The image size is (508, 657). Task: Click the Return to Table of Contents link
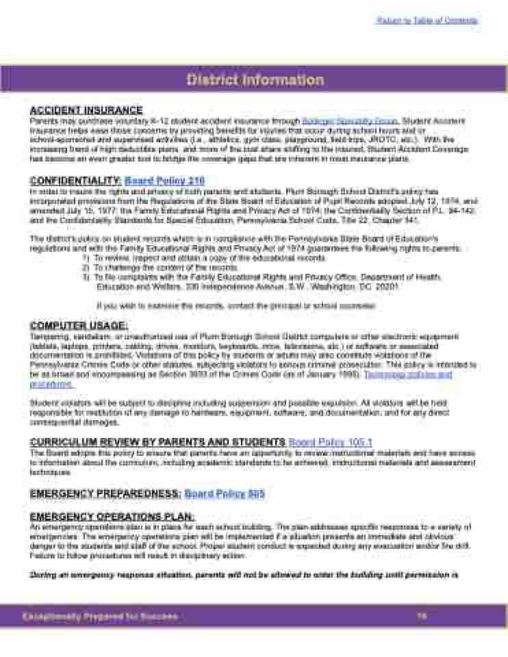tap(427, 21)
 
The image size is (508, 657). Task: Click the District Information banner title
tap(255, 80)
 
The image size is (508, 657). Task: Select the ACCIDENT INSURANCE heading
tap(86, 110)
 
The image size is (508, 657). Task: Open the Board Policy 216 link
tap(165, 181)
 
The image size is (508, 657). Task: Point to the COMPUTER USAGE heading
tap(79, 326)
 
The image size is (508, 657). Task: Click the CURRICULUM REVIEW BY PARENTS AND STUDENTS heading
tap(157, 442)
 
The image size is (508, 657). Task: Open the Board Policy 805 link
tap(225, 493)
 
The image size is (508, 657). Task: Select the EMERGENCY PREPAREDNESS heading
tap(105, 493)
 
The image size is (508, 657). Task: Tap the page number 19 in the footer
tap(422, 617)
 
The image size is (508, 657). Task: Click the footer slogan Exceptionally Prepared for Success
tap(99, 617)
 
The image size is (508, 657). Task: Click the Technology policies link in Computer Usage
tap(408, 375)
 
